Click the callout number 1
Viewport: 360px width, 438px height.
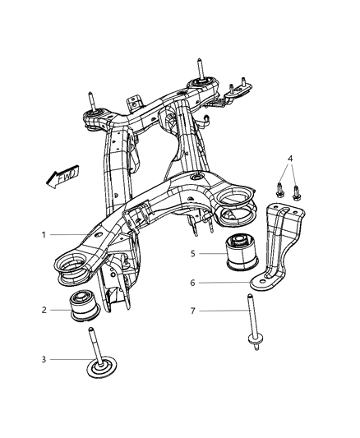click(x=43, y=235)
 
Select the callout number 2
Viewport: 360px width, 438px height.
click(x=43, y=310)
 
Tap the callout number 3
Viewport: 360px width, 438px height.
click(x=43, y=359)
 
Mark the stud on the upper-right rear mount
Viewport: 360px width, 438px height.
click(x=199, y=68)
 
